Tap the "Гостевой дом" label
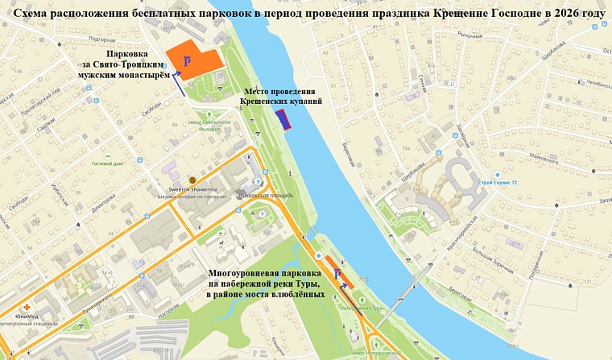pyautogui.click(x=107, y=163)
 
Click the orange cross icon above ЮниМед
pyautogui.click(x=27, y=308)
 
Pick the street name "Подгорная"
pyautogui.click(x=102, y=39)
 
